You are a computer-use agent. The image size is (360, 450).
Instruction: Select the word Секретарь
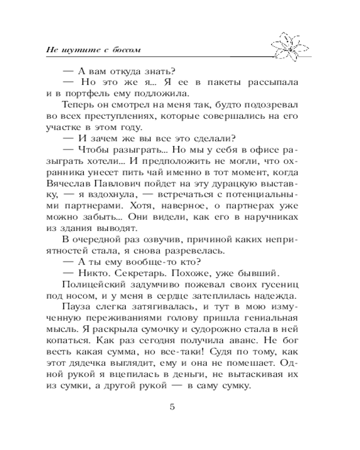pyautogui.click(x=132, y=273)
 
